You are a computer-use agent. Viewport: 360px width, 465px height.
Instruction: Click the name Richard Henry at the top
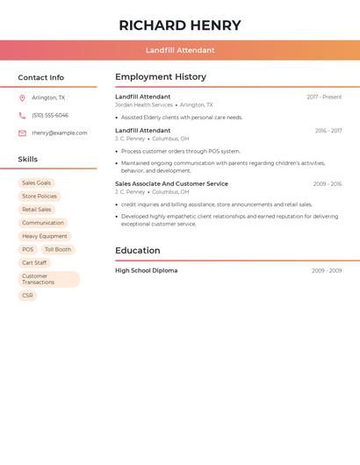(x=180, y=25)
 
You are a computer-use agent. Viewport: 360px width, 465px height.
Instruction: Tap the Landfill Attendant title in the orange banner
(x=180, y=50)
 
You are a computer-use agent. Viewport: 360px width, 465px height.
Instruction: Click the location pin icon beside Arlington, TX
(x=22, y=97)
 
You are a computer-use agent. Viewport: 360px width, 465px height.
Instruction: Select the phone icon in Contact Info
(x=22, y=115)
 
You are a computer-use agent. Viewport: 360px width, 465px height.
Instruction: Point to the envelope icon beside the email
(x=22, y=133)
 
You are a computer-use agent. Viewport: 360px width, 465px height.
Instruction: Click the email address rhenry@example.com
(x=60, y=133)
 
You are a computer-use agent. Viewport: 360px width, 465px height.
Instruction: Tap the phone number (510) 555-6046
(x=50, y=115)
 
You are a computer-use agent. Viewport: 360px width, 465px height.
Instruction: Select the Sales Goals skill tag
(x=37, y=183)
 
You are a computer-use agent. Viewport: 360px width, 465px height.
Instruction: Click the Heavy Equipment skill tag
(x=45, y=236)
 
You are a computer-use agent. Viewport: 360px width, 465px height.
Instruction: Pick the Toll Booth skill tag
(x=58, y=249)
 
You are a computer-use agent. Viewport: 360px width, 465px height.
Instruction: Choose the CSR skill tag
(x=27, y=296)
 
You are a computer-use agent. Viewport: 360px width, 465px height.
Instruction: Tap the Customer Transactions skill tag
(x=48, y=279)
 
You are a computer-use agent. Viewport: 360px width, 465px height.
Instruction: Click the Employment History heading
(x=161, y=77)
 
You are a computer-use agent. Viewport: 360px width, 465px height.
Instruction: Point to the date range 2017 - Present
(x=324, y=97)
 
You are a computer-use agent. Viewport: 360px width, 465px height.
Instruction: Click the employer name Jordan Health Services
(x=144, y=104)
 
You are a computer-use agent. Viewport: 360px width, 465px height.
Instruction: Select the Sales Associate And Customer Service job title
(x=171, y=184)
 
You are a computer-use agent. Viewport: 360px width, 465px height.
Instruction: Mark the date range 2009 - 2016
(x=327, y=184)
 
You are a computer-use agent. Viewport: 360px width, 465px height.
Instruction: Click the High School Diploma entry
(x=146, y=270)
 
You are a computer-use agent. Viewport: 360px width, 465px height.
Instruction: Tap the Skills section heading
(x=28, y=160)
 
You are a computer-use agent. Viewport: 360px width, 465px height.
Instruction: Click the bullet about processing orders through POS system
(x=181, y=151)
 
